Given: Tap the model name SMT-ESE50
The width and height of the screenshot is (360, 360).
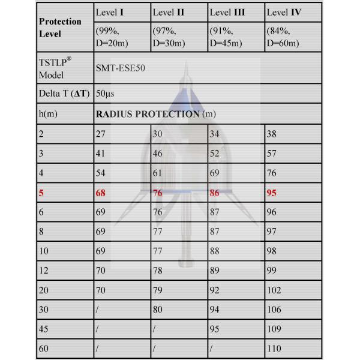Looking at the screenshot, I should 120,68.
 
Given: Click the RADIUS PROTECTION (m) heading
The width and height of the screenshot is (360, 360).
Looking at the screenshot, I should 155,114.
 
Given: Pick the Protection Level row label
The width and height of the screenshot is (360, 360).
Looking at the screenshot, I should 60,26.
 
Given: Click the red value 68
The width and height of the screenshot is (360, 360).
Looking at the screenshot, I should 101,193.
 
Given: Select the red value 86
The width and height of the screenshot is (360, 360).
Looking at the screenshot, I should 215,193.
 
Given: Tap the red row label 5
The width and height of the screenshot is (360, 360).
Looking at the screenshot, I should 41,194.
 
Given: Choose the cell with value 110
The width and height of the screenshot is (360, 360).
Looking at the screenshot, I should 274,347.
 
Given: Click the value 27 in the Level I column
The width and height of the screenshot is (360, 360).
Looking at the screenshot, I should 100,134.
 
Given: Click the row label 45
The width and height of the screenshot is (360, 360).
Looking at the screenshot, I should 44,328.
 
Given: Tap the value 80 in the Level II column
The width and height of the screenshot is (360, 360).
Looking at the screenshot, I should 158,309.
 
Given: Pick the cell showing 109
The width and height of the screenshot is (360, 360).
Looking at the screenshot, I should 274,328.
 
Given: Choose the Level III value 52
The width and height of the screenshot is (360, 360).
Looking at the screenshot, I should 215,154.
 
